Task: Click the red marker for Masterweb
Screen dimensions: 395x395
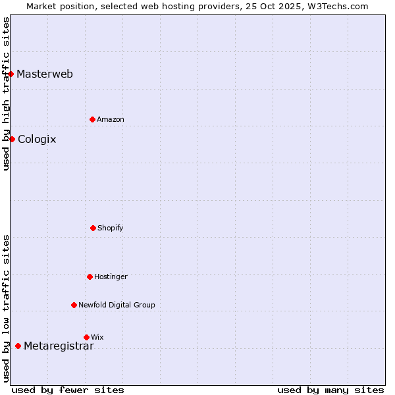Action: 11,74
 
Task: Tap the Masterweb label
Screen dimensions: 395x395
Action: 45,74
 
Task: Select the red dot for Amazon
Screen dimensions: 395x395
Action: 92,119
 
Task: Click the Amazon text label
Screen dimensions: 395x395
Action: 111,119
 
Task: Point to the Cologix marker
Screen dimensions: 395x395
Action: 12,139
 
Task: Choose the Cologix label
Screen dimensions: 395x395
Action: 37,139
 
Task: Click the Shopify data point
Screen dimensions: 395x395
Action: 93,228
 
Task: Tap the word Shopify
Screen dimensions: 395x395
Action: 111,228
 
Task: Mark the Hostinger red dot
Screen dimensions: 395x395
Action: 90,276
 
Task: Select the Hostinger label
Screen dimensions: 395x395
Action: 111,276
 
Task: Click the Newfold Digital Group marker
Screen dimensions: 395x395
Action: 74,305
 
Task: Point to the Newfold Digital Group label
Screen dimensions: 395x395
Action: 117,305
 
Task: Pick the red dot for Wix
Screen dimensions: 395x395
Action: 86,337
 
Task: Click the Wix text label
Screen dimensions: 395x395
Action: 97,337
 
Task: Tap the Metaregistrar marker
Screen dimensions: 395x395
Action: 18,346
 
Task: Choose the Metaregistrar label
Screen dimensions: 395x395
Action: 59,346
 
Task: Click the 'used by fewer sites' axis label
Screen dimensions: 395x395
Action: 68,390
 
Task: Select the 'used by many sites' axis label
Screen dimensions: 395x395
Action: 330,390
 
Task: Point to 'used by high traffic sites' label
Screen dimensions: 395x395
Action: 6,93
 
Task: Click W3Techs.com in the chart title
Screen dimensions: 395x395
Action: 336,6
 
